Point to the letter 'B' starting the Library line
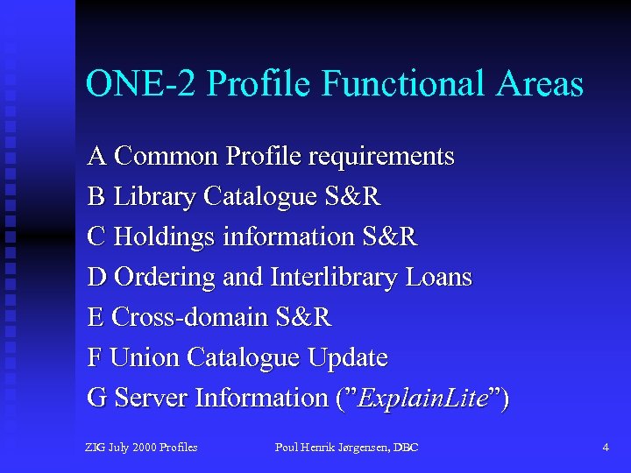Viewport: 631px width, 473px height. [x=96, y=196]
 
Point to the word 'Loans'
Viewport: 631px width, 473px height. [x=438, y=277]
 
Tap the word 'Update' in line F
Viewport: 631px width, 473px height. [x=347, y=357]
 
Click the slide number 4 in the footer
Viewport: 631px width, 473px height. [x=606, y=448]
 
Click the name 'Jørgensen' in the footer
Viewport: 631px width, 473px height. [x=361, y=448]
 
